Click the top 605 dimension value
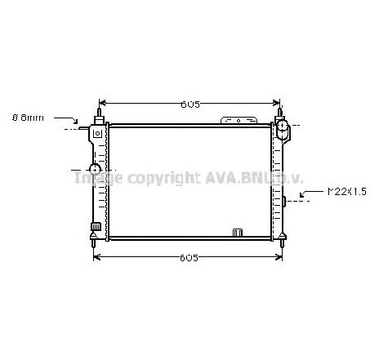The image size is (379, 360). (x=190, y=104)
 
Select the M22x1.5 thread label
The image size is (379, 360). (x=346, y=192)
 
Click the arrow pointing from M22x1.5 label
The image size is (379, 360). (x=309, y=195)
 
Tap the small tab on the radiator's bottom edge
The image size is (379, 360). (x=238, y=232)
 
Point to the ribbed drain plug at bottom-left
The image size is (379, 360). (x=96, y=227)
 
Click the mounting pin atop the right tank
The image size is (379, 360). (x=280, y=112)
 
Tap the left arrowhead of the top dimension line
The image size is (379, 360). (x=113, y=104)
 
